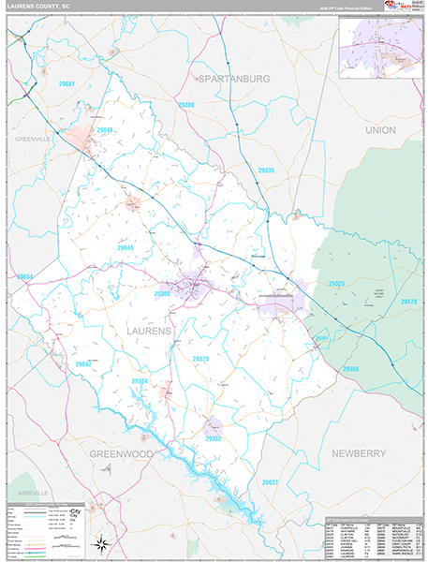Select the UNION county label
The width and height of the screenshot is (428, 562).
click(380, 129)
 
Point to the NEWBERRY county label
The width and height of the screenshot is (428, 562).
click(359, 452)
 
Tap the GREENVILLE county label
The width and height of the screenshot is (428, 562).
click(32, 138)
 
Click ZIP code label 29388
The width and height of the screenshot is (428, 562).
click(186, 105)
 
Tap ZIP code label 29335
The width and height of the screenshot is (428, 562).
click(265, 170)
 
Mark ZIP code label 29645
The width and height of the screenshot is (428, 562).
click(125, 246)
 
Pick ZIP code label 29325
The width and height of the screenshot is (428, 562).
click(336, 284)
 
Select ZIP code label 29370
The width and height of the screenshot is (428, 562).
click(199, 358)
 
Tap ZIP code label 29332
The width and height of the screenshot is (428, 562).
click(214, 437)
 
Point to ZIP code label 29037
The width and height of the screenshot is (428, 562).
click(271, 481)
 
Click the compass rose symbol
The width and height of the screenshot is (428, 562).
click(102, 542)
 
